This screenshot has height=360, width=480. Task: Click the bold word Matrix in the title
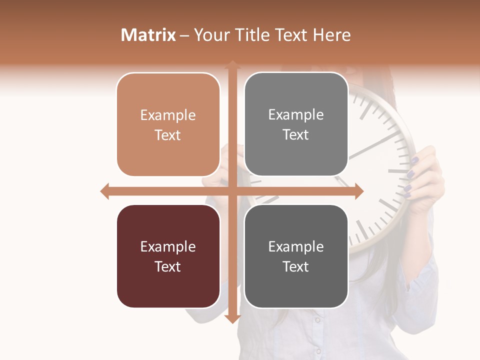[148, 35]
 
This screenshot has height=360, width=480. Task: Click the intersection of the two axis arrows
[232, 191]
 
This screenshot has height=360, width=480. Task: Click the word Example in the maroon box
[168, 246]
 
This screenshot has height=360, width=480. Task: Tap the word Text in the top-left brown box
[168, 135]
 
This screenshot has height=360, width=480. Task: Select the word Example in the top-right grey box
[296, 115]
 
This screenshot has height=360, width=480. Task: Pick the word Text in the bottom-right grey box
[296, 266]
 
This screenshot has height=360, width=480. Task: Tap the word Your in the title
[212, 35]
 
